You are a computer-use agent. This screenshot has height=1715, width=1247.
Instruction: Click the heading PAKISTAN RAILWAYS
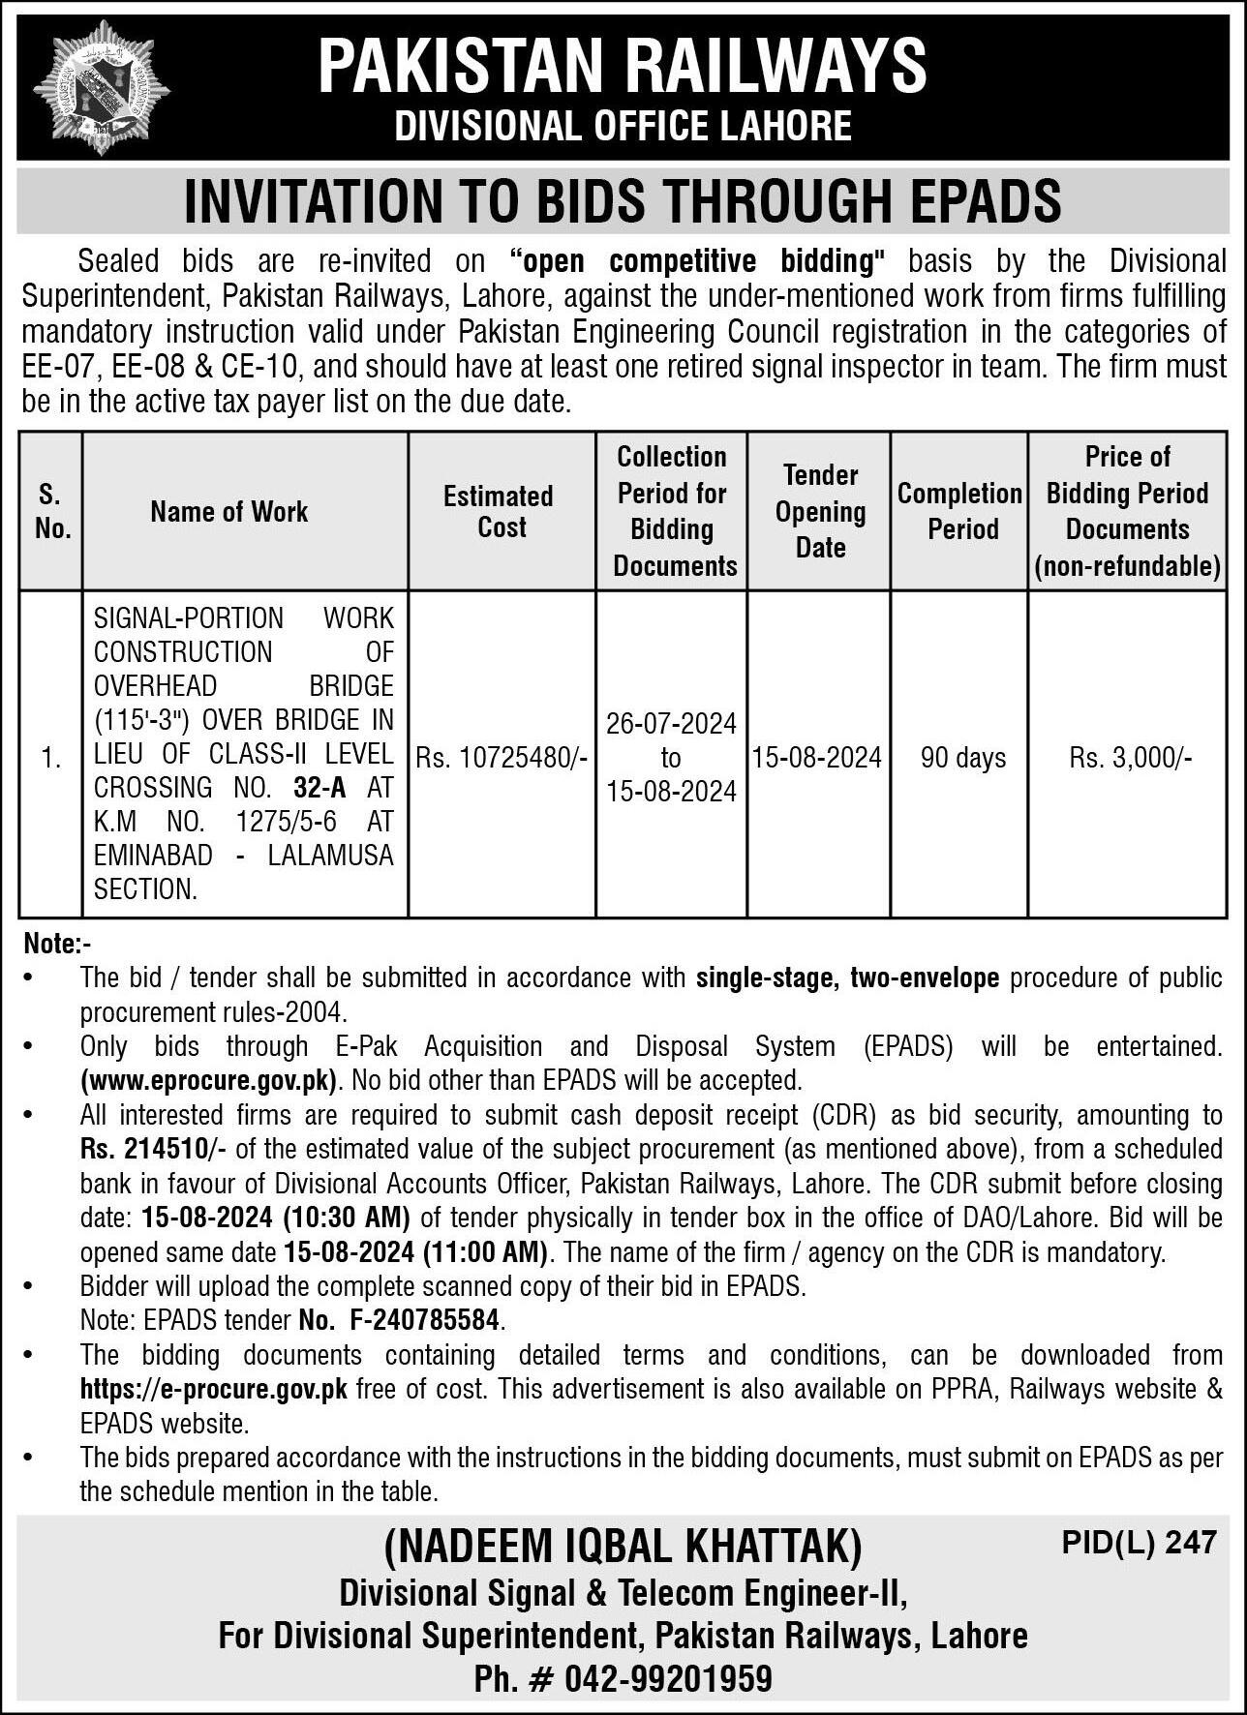tap(623, 65)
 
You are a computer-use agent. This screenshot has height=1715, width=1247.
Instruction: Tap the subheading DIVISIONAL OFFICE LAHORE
tap(623, 127)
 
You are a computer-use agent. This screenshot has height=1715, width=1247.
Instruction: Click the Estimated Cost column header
tap(500, 511)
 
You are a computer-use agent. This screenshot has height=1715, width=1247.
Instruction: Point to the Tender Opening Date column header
tap(820, 511)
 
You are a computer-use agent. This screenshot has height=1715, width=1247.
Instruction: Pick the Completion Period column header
tap(959, 511)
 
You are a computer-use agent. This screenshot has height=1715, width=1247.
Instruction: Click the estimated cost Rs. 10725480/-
tap(502, 758)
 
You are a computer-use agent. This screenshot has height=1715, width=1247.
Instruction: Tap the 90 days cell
tap(962, 758)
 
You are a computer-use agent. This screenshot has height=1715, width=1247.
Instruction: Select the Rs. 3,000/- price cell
tap(1130, 758)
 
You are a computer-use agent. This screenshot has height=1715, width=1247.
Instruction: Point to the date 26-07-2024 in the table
tap(671, 724)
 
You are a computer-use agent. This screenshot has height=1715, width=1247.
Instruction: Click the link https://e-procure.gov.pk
tap(214, 1390)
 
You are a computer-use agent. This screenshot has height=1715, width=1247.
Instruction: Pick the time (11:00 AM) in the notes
tap(486, 1252)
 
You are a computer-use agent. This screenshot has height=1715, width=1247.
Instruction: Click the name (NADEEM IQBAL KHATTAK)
tap(623, 1546)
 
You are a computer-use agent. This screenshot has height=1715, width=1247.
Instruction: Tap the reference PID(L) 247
tap(1139, 1542)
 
